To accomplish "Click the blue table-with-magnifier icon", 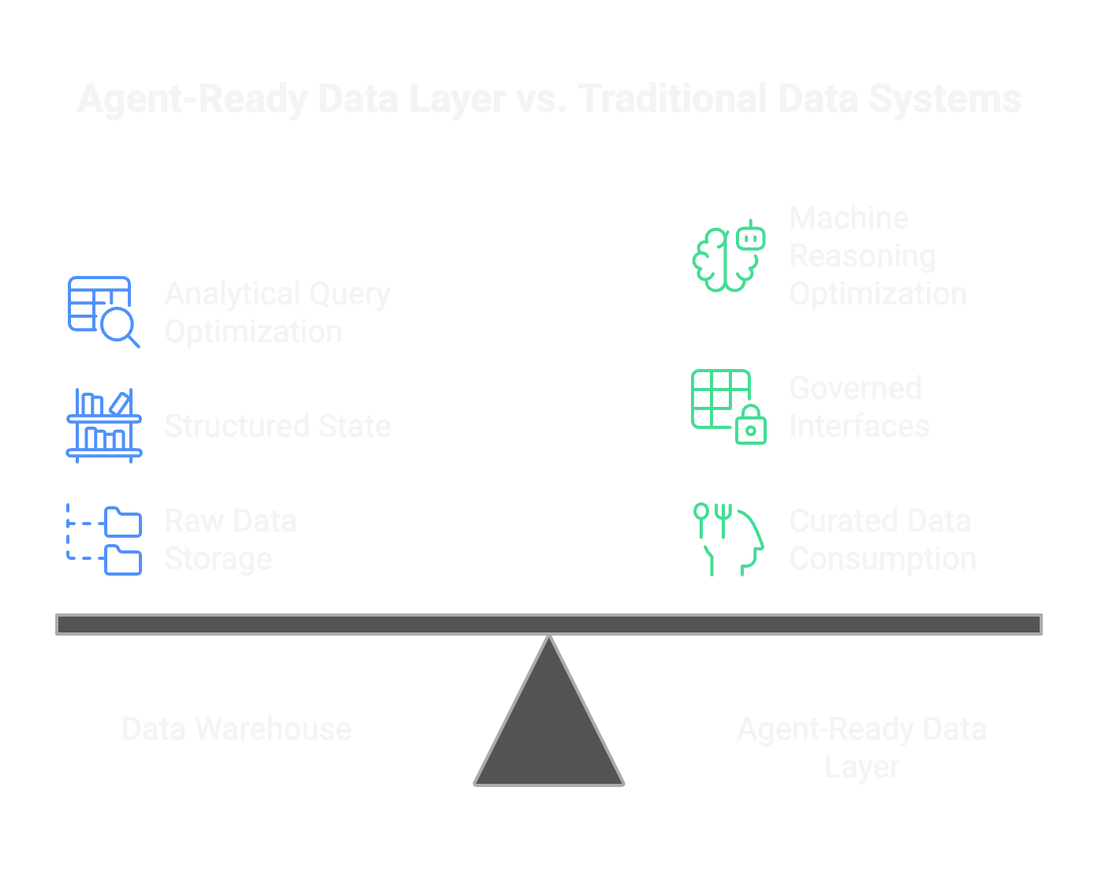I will pyautogui.click(x=103, y=311).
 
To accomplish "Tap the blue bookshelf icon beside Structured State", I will pyautogui.click(x=103, y=425).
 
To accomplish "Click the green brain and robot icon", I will pyautogui.click(x=728, y=256).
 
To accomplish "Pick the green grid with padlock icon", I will pyautogui.click(x=727, y=406).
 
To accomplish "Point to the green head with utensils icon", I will pyautogui.click(x=728, y=539).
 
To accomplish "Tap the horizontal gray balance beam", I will pyautogui.click(x=549, y=625).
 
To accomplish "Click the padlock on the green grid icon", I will pyautogui.click(x=750, y=426).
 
